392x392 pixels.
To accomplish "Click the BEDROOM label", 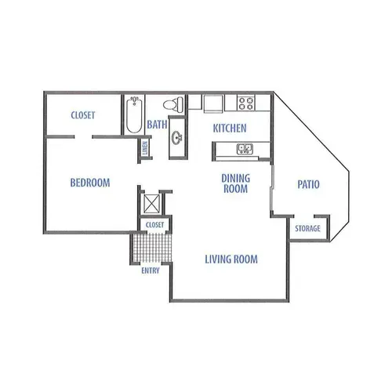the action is pyautogui.click(x=90, y=183).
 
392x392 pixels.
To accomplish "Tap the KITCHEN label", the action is pyautogui.click(x=230, y=128).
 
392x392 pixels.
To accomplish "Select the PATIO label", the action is pyautogui.click(x=308, y=184).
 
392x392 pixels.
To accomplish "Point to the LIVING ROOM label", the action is pyautogui.click(x=231, y=260).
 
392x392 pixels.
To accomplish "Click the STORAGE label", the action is pyautogui.click(x=307, y=228).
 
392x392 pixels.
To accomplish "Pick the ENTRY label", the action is pyautogui.click(x=151, y=270).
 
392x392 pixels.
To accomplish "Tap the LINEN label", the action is pyautogui.click(x=145, y=147).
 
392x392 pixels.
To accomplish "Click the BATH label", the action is pyautogui.click(x=157, y=125).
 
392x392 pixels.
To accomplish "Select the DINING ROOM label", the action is pyautogui.click(x=236, y=183).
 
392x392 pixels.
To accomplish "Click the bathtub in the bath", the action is pyautogui.click(x=134, y=114).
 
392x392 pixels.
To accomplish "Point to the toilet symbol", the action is pyautogui.click(x=173, y=104).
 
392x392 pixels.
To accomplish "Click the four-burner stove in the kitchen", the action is pyautogui.click(x=246, y=103).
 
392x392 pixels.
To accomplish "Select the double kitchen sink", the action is pyautogui.click(x=245, y=149).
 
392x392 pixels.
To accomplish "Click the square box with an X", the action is pyautogui.click(x=151, y=204).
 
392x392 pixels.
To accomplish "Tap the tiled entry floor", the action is pyautogui.click(x=152, y=248).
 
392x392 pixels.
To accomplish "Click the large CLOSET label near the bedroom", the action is pyautogui.click(x=83, y=115).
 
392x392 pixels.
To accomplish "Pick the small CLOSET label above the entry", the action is pyautogui.click(x=155, y=225).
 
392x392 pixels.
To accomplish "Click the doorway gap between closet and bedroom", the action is pyautogui.click(x=83, y=137).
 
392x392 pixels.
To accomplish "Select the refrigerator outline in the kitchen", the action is pyautogui.click(x=213, y=103).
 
